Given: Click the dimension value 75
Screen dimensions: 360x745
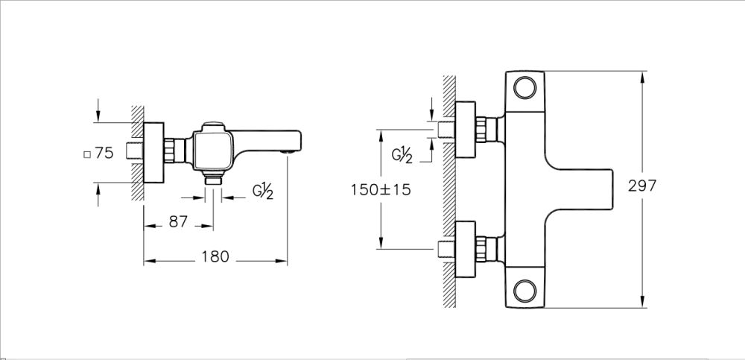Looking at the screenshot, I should pos(104,153).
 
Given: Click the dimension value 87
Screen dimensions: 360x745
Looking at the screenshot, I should pos(177,222).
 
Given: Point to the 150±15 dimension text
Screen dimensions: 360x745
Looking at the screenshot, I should pos(381,189).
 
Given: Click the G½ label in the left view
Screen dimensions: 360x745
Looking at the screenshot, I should pos(262,192).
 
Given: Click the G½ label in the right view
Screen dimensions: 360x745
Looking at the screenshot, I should pos(402,155).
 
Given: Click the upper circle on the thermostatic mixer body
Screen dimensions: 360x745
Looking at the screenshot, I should pos(526,89).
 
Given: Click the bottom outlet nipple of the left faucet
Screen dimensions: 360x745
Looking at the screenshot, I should pos(214,180).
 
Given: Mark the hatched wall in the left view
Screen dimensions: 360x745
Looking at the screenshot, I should pos(138,153).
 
